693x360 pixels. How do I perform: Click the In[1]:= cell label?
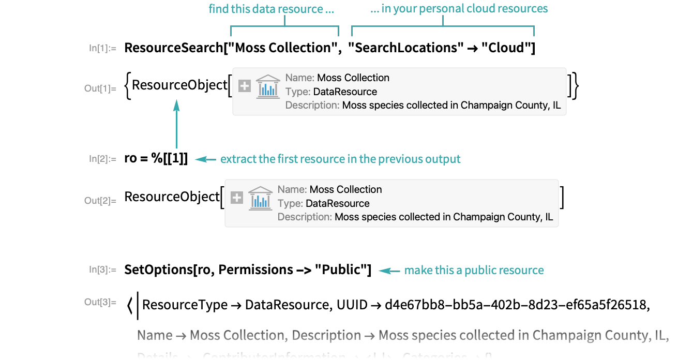point(102,49)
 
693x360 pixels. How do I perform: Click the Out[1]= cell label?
point(100,88)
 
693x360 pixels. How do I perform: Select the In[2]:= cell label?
point(102,159)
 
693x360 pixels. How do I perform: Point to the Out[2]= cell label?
point(100,201)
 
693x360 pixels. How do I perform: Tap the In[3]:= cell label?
point(102,269)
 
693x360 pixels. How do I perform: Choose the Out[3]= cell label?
point(100,302)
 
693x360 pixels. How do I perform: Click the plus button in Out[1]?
point(245,86)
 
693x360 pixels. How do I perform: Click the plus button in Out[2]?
point(237,198)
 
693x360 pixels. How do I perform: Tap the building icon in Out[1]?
point(268,86)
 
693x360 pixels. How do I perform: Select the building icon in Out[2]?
point(260,198)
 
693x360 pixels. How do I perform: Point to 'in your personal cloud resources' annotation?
point(459,9)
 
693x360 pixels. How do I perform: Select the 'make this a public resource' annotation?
point(474,270)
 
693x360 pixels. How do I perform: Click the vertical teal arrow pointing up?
point(176,124)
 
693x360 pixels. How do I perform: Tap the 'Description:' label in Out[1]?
point(312,105)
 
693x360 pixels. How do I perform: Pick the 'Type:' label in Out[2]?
point(290,203)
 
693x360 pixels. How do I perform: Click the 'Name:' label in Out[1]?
point(300,78)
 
